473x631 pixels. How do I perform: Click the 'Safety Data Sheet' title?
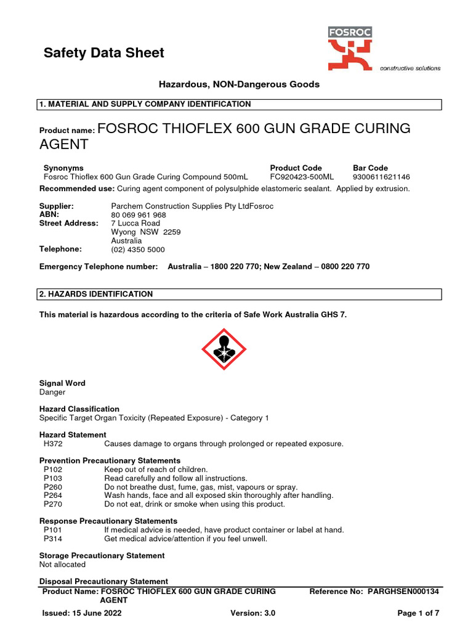(x=103, y=53)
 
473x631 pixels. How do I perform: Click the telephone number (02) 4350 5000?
(x=138, y=250)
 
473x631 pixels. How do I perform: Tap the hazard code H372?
(x=54, y=444)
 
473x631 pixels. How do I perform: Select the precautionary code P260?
(x=54, y=487)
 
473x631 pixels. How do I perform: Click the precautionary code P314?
(x=54, y=539)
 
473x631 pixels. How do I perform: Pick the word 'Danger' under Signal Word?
(x=52, y=392)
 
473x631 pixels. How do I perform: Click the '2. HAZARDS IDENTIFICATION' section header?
(x=96, y=295)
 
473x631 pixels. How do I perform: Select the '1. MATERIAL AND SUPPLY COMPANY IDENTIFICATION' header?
(x=145, y=104)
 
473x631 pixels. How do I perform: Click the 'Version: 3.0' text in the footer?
(x=253, y=613)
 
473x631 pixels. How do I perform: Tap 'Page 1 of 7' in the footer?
(x=418, y=613)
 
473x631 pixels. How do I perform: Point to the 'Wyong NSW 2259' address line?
(x=146, y=232)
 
